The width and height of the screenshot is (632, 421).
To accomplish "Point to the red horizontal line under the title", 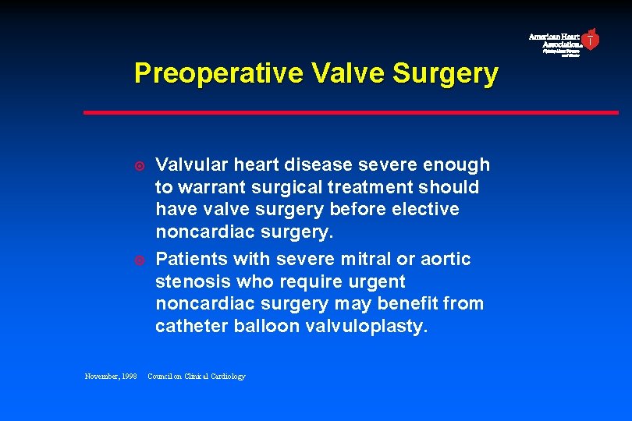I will tap(351, 112).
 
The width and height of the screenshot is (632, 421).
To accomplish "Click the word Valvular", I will tap(192, 165).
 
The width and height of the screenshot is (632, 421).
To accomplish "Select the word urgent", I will tap(378, 281).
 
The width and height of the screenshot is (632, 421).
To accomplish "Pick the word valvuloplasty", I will tap(367, 326).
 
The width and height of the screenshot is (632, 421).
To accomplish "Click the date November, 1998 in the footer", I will tap(110, 377).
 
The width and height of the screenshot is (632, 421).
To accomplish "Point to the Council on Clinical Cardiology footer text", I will tap(196, 377).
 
